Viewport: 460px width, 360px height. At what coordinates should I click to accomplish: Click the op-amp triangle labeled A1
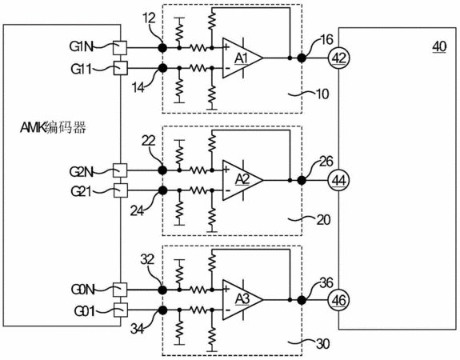click(x=242, y=58)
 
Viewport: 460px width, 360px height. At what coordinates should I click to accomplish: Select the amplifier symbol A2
click(x=242, y=180)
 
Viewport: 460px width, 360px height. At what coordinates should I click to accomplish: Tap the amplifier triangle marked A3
click(x=242, y=299)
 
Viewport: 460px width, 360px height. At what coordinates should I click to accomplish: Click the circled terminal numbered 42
click(x=339, y=58)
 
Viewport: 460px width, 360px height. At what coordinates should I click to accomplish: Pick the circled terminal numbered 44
click(x=339, y=180)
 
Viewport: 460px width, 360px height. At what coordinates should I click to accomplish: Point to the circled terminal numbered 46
click(x=339, y=300)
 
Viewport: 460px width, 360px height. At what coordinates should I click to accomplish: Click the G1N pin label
click(x=81, y=46)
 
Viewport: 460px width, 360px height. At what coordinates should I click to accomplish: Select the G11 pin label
click(x=81, y=70)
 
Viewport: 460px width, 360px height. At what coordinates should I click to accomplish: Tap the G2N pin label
click(x=81, y=172)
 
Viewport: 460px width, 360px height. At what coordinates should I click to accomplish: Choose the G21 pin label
click(x=81, y=192)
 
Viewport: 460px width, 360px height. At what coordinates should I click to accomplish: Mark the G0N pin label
click(x=82, y=290)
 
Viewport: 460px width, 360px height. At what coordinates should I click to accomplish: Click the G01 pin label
click(x=85, y=311)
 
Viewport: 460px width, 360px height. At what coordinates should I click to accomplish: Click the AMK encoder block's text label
click(x=53, y=128)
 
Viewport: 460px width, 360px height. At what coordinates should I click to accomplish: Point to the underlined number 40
click(x=439, y=46)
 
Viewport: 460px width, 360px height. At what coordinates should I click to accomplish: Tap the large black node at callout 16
click(x=302, y=58)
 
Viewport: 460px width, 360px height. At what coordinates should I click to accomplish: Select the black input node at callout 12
click(x=162, y=47)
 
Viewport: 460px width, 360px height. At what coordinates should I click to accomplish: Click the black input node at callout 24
click(x=162, y=190)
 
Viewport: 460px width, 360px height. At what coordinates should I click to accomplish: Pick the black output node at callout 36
click(x=302, y=300)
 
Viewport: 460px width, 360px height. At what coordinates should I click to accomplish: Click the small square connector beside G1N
click(x=120, y=47)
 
